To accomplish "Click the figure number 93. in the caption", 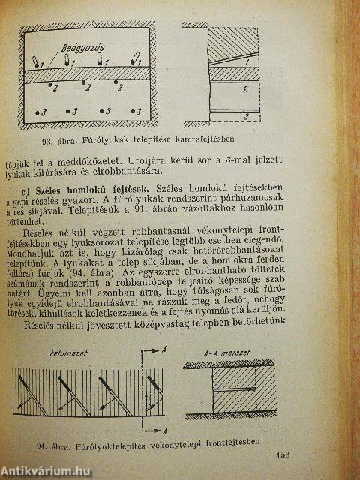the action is (54, 139).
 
